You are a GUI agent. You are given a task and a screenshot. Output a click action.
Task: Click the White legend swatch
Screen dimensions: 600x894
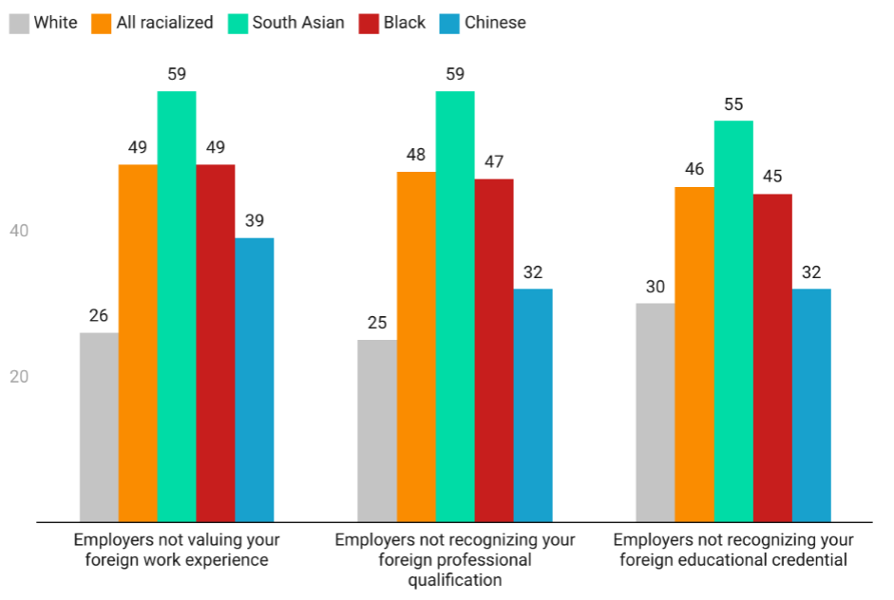pyautogui.click(x=19, y=22)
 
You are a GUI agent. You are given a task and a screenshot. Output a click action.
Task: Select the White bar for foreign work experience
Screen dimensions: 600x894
pyautogui.click(x=99, y=427)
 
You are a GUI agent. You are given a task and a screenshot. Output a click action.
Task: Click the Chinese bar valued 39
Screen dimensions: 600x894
pyautogui.click(x=255, y=380)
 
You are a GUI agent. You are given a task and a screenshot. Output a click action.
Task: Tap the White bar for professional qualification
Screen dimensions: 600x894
pyautogui.click(x=377, y=431)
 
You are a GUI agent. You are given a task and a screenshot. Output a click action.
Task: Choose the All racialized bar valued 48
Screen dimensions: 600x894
pyautogui.click(x=416, y=347)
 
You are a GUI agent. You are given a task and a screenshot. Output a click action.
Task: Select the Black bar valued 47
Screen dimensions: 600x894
pyautogui.click(x=494, y=350)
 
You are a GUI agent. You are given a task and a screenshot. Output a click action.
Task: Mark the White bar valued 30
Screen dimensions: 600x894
pyautogui.click(x=656, y=412)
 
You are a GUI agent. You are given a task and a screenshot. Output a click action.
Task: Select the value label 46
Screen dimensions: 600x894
pyautogui.click(x=694, y=170)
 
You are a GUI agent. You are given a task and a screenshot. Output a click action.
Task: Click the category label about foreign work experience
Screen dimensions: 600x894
pyautogui.click(x=177, y=550)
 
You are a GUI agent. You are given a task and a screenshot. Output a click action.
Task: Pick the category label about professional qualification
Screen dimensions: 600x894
pyautogui.click(x=455, y=559)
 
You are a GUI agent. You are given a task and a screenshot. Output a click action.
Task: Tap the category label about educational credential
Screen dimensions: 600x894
pyautogui.click(x=733, y=550)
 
